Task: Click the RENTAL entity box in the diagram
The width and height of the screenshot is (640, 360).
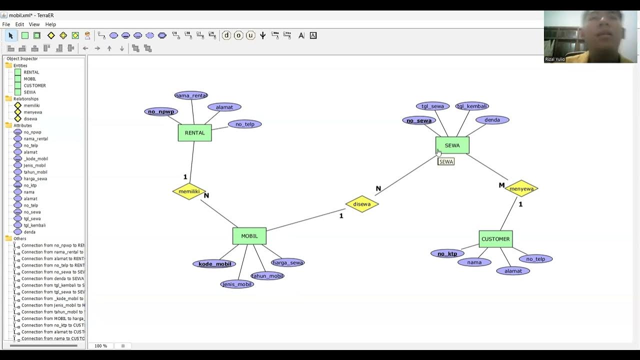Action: pyautogui.click(x=194, y=132)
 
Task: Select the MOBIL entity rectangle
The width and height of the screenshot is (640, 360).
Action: pyautogui.click(x=249, y=236)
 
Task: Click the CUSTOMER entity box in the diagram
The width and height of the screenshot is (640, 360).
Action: pyautogui.click(x=495, y=239)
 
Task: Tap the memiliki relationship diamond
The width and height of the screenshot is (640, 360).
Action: pyautogui.click(x=189, y=191)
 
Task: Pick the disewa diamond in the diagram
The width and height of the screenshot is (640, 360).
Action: pyautogui.click(x=361, y=204)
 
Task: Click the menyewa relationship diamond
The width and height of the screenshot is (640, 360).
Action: pyautogui.click(x=521, y=188)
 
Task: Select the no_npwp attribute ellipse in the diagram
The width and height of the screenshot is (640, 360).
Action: pyautogui.click(x=161, y=111)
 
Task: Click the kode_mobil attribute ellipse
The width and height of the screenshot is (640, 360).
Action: pyautogui.click(x=214, y=264)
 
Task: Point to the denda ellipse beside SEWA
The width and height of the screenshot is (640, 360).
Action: pyautogui.click(x=492, y=120)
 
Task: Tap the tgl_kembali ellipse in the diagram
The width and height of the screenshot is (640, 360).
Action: pyautogui.click(x=472, y=106)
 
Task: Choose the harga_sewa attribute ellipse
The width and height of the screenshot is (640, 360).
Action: pyautogui.click(x=287, y=262)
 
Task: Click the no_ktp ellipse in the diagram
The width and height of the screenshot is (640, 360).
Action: pyautogui.click(x=447, y=253)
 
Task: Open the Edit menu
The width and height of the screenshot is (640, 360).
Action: pyautogui.click(x=19, y=24)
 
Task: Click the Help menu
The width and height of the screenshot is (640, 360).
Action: pyautogui.click(x=50, y=24)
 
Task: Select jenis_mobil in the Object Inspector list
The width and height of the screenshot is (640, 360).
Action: pyautogui.click(x=34, y=165)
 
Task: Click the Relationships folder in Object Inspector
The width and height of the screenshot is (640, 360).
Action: pyautogui.click(x=25, y=99)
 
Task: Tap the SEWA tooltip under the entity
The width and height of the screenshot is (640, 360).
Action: pyautogui.click(x=446, y=162)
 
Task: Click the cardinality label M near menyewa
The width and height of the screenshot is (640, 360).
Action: pyautogui.click(x=501, y=185)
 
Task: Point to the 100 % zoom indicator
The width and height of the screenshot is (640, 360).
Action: pyautogui.click(x=100, y=346)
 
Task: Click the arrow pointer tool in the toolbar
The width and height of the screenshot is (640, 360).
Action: pyautogui.click(x=10, y=35)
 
